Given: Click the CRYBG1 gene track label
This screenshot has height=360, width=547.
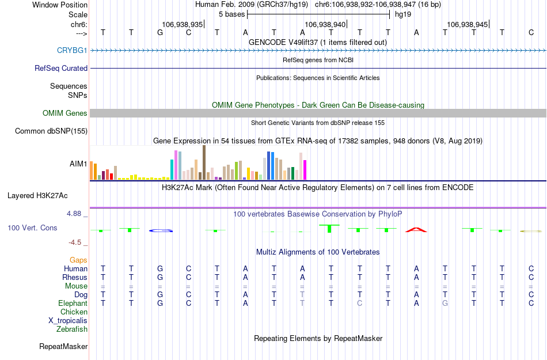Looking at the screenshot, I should click(72, 51).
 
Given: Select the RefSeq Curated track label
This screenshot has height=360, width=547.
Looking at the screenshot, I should click(61, 68).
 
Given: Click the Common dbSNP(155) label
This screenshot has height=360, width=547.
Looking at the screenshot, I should click(51, 131).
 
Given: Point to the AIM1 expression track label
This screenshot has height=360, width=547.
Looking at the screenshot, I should click(78, 164).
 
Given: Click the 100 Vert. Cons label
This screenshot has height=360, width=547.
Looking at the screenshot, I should click(32, 228).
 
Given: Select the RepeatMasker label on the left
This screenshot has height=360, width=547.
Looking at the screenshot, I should click(63, 347).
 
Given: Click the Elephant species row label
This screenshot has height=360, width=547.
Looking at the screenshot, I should click(73, 303).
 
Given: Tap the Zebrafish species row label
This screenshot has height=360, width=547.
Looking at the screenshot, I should click(72, 329).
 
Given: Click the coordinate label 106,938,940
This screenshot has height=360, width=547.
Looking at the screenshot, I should click(325, 25).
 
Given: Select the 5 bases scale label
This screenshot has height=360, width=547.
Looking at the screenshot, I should click(231, 14).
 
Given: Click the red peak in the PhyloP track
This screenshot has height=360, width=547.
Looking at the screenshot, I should click(416, 230).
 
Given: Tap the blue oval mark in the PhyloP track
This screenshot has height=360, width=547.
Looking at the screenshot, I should click(161, 231).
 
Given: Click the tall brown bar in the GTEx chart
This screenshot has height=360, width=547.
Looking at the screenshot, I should click(204, 162).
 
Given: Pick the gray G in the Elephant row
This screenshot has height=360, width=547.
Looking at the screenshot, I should click(445, 303).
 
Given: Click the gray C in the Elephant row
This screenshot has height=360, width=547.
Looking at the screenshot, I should click(359, 303).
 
